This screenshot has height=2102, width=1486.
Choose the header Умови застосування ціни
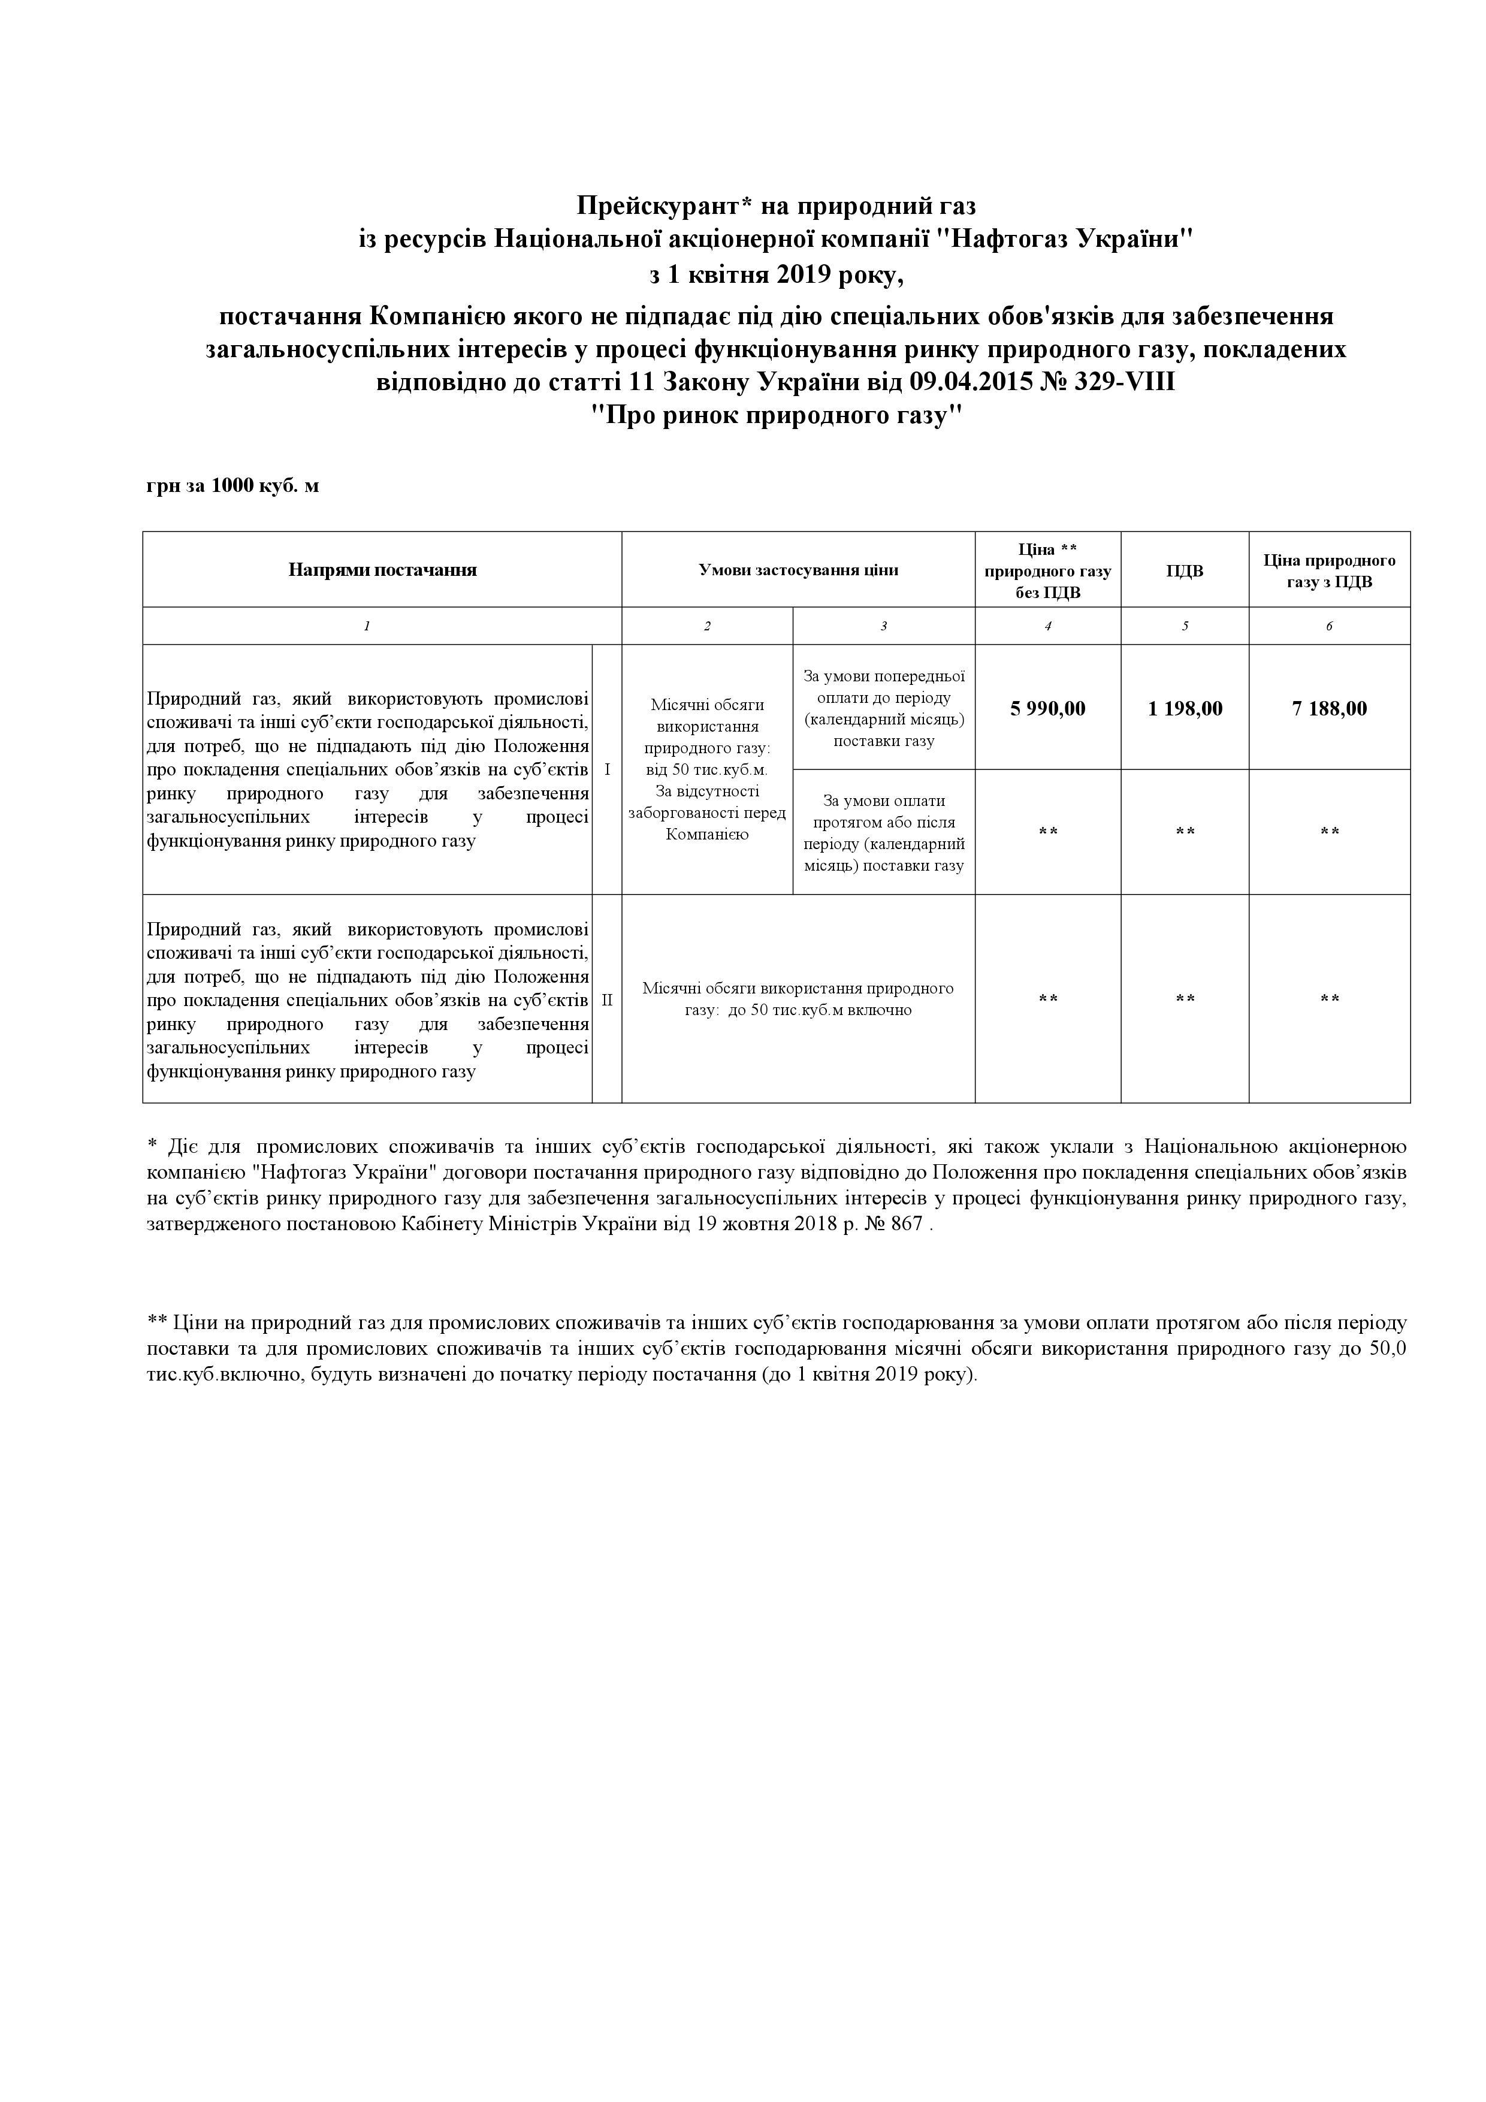(x=798, y=569)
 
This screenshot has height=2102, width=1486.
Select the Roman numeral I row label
(x=607, y=770)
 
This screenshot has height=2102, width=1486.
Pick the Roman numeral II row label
(x=607, y=999)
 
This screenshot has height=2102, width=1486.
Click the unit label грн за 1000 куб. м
(x=232, y=485)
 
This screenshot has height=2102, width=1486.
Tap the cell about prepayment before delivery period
(x=884, y=708)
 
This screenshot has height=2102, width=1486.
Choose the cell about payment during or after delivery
(x=884, y=832)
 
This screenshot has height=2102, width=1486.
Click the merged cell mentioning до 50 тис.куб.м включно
(x=798, y=999)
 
